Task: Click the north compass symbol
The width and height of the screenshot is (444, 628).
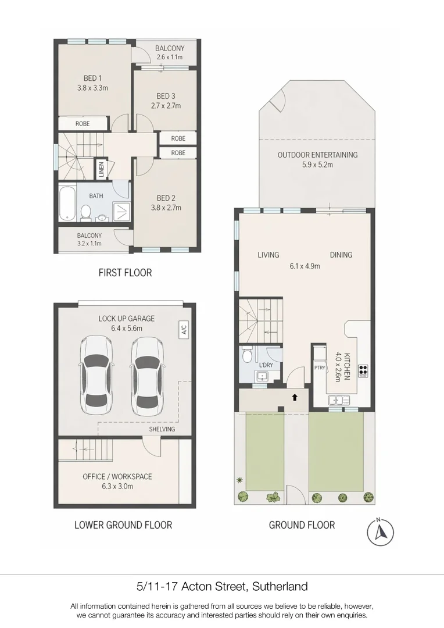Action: (380, 532)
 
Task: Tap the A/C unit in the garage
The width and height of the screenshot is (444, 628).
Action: (184, 330)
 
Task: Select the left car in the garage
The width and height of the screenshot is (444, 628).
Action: (96, 376)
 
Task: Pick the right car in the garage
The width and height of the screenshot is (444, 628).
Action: (147, 376)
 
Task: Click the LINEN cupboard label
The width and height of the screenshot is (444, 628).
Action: (101, 169)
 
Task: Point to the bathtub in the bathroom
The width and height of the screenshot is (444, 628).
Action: (67, 202)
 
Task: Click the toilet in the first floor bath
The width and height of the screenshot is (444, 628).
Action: (85, 213)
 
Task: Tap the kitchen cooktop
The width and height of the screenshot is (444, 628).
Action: (363, 371)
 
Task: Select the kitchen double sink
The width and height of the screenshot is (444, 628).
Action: (339, 399)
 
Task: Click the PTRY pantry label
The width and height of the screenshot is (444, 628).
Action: (320, 367)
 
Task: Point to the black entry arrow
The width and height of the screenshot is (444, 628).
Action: (295, 397)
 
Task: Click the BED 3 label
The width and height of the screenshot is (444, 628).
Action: (166, 96)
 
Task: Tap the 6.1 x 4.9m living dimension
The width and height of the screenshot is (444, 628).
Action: (305, 266)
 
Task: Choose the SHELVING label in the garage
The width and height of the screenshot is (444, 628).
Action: (162, 429)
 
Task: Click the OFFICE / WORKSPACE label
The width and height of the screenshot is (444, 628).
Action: (117, 477)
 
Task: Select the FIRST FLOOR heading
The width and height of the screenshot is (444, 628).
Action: (126, 273)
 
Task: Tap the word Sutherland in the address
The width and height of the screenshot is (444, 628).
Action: (280, 587)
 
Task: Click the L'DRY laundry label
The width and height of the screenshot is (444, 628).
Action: (266, 365)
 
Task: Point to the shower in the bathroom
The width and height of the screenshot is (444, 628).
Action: (121, 212)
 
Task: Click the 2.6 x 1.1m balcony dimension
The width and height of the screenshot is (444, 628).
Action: (170, 57)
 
